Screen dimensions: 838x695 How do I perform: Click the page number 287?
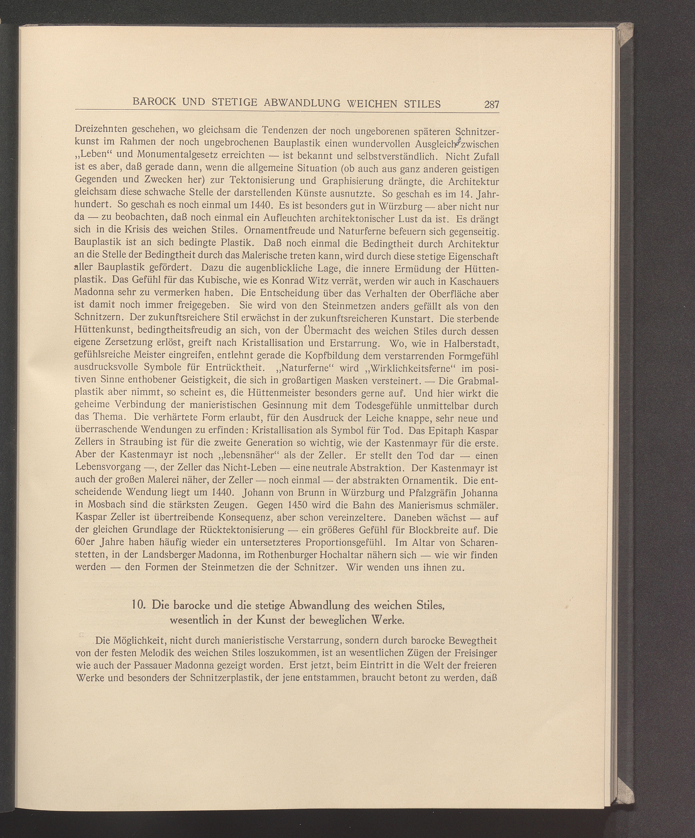tap(491, 105)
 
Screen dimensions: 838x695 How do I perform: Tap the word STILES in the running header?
tap(422, 104)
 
